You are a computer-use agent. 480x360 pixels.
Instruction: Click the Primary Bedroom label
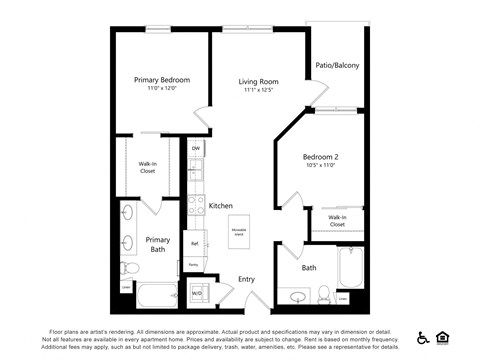161,79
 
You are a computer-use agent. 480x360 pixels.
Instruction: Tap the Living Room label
257,81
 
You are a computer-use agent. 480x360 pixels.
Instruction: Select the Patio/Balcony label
338,65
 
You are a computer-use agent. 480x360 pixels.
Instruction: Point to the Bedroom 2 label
321,157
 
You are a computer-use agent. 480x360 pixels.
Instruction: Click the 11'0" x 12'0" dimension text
161,89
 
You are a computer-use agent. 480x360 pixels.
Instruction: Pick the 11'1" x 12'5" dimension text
257,91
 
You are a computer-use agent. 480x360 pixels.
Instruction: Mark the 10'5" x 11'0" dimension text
321,167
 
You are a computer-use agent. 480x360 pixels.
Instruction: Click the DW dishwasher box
196,149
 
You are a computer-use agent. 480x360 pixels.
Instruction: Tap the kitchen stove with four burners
196,206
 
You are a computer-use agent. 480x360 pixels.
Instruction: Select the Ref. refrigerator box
195,242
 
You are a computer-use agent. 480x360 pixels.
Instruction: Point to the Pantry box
193,265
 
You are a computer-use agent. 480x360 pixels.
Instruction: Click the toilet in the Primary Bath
128,268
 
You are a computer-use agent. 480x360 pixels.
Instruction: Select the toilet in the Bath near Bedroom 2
323,295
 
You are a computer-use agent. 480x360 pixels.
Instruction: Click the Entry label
246,279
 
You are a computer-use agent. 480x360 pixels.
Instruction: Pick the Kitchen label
220,206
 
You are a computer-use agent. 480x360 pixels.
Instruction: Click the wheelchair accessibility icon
423,337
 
